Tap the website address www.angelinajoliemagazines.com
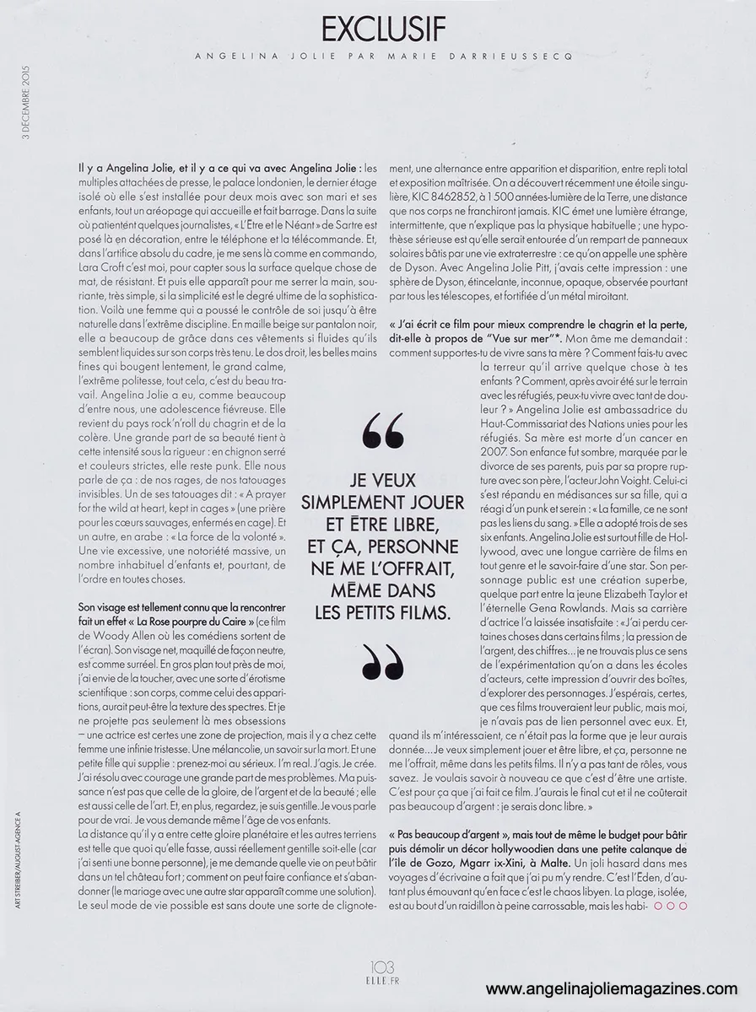click(x=618, y=990)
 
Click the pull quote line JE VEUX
click(x=382, y=482)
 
